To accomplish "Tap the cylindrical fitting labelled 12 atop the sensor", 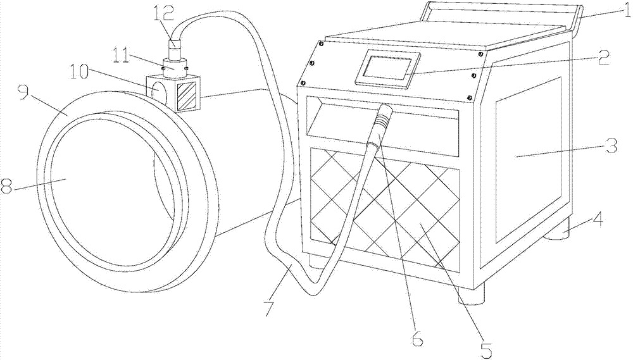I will coord(175,48).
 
